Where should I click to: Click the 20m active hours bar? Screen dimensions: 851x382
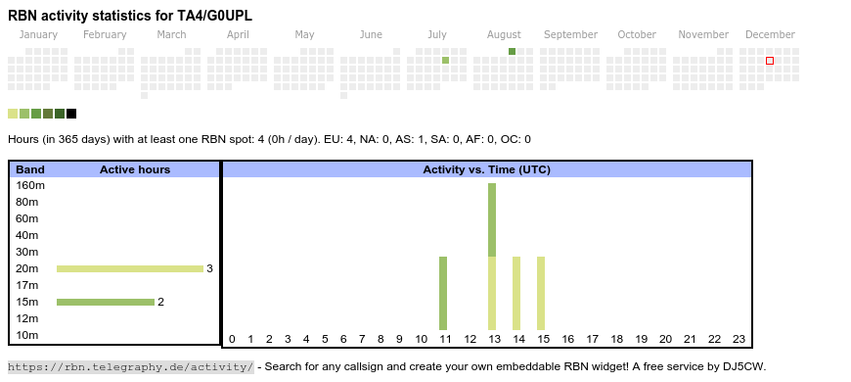[x=130, y=268]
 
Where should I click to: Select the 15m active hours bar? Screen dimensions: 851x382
[x=106, y=302]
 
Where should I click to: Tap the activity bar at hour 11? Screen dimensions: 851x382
[x=443, y=294]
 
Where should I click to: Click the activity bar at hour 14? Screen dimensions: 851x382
[x=516, y=294]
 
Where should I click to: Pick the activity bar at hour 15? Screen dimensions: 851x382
[x=541, y=294]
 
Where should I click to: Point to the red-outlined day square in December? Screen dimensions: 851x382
[x=770, y=61]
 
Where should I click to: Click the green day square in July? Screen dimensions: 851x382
[x=446, y=61]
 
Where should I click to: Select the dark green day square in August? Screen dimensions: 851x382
[x=512, y=52]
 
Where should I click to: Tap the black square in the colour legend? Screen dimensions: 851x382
[x=71, y=114]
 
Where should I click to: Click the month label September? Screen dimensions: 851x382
[x=570, y=35]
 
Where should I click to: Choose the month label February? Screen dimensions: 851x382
[x=105, y=35]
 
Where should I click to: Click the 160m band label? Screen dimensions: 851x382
[x=30, y=186]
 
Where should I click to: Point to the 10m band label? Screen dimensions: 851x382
[x=27, y=335]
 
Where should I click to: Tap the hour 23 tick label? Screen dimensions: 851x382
[x=739, y=339]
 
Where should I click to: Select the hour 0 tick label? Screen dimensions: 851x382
[x=232, y=339]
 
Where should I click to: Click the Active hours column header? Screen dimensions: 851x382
[x=135, y=169]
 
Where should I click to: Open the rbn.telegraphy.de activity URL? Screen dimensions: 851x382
[x=131, y=366]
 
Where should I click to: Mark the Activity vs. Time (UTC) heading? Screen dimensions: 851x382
[x=487, y=169]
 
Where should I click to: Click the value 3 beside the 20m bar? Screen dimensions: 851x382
[x=209, y=268]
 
